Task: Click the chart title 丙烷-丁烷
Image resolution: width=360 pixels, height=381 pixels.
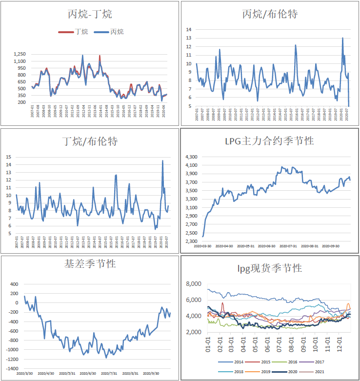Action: click(91, 15)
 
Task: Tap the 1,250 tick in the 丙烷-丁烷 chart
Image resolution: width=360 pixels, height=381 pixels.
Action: click(20, 54)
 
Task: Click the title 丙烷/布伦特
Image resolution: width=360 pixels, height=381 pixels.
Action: click(270, 15)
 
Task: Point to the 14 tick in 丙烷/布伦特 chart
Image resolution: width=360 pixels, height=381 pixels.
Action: click(188, 29)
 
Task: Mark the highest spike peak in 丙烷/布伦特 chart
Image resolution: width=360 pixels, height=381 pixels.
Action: click(342, 38)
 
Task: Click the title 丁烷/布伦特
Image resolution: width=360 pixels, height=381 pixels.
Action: click(91, 141)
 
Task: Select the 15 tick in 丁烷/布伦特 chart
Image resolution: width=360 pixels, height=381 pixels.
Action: click(8, 157)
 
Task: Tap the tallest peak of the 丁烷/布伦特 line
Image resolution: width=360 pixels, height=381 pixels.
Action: click(163, 161)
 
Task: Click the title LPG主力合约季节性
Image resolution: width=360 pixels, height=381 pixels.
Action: click(270, 141)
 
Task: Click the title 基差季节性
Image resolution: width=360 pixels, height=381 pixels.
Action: click(91, 264)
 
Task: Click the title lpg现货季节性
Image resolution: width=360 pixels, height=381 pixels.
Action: click(270, 268)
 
